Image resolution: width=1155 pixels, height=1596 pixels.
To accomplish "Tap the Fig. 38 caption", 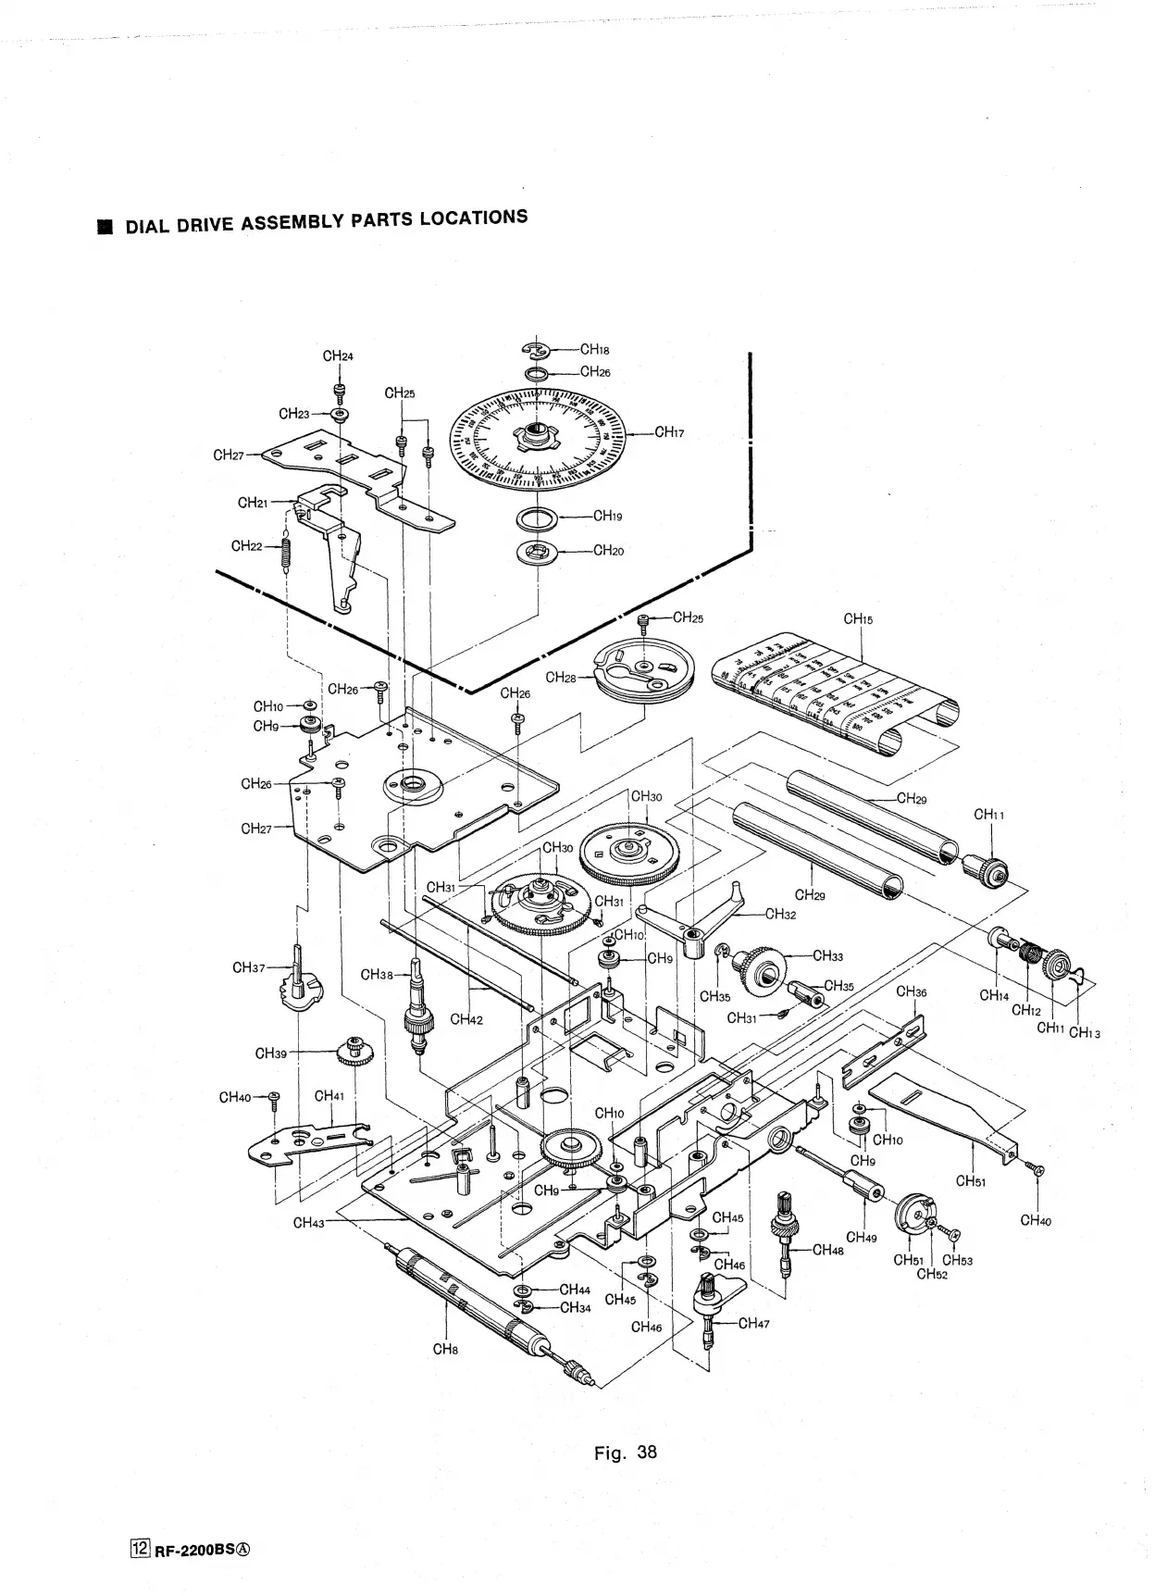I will pos(625,1452).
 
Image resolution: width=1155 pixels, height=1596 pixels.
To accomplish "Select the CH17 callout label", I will pos(668,432).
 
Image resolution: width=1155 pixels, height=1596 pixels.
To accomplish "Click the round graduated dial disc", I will pos(537,435).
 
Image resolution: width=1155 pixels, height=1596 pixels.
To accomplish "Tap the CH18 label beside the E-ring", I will pos(594,350).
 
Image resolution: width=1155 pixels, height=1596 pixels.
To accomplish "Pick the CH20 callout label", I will pos(608,551).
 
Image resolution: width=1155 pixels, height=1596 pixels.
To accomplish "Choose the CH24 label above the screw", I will pos(338,356).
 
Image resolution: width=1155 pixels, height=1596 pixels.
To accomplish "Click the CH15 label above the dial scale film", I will pos(858,619).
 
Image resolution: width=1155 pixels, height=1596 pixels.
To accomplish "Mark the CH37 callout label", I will pos(248,968).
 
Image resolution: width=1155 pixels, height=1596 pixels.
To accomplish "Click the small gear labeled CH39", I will pos(355,1050).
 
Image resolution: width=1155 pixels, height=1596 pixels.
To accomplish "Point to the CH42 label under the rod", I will pos(466,1020).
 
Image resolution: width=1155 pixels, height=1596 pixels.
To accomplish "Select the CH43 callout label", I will pos(309,1223).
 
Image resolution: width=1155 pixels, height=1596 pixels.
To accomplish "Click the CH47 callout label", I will pos(753,1323).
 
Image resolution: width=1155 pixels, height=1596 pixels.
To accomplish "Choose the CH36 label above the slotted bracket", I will pos(912,991).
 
